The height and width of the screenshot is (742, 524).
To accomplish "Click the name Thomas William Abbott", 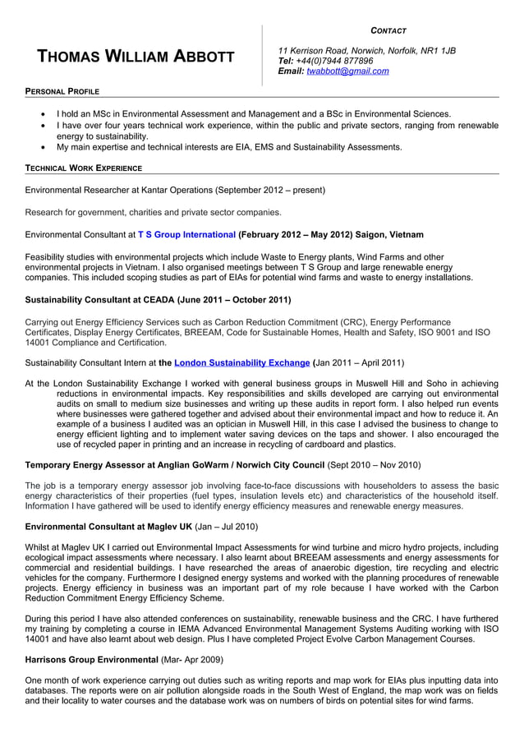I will coord(136,57).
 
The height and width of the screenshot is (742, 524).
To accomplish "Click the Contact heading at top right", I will coord(388,30).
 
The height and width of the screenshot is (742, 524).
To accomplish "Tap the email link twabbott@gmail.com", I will coord(347,71).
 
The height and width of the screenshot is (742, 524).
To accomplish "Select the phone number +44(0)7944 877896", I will coord(338,61).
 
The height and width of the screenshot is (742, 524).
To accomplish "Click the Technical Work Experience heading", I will coord(83,168).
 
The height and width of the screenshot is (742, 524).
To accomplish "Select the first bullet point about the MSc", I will coord(253,113).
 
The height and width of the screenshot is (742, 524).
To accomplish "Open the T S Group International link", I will coord(186,234).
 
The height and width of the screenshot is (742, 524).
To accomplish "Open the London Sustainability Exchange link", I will coord(241,362).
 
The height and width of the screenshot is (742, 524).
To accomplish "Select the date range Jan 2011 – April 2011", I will coord(359,362).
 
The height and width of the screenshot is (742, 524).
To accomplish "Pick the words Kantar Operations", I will coord(175,190).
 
